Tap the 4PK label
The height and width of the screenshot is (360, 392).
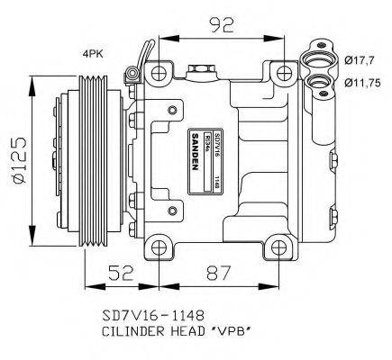click(x=93, y=55)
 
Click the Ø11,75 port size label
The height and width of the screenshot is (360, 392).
click(x=362, y=81)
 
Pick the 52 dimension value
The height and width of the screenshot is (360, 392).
click(x=123, y=269)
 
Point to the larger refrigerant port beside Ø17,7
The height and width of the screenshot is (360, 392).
click(x=318, y=59)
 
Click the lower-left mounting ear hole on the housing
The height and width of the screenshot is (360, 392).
click(x=158, y=246)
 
